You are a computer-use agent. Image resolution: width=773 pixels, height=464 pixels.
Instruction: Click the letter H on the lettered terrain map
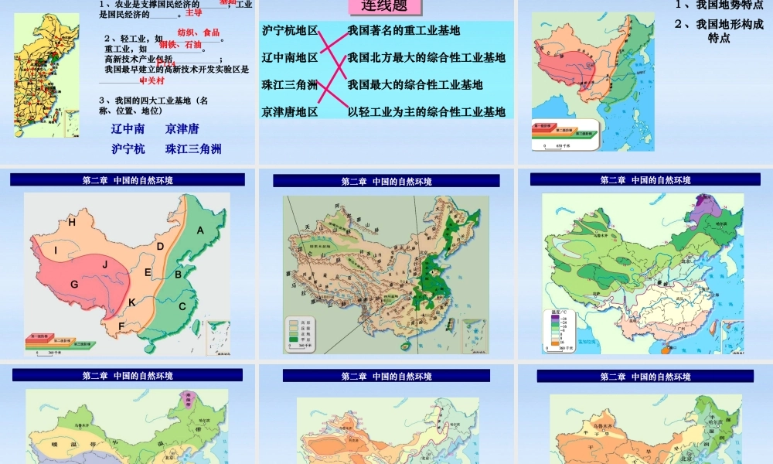(x=72, y=223)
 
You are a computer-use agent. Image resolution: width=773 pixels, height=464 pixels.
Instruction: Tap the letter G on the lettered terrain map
(x=74, y=284)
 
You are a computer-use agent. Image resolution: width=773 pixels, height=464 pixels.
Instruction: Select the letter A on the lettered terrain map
(x=200, y=230)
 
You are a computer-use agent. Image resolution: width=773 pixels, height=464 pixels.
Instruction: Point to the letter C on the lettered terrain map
(x=182, y=305)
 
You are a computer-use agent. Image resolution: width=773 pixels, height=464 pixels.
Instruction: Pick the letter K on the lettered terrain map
(x=132, y=301)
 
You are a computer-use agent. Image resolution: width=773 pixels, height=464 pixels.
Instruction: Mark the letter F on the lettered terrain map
(x=121, y=326)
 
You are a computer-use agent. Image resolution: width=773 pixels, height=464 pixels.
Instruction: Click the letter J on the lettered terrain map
(x=104, y=264)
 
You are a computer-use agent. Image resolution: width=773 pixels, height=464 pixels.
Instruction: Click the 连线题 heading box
(x=386, y=7)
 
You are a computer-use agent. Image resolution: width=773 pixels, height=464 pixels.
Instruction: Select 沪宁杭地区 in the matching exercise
(x=290, y=30)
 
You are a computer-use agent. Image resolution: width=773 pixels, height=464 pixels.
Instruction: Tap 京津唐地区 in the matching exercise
(x=290, y=112)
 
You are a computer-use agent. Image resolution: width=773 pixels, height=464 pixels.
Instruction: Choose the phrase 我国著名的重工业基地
(x=404, y=30)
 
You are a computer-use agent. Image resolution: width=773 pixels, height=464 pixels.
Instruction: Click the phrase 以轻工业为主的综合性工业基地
(x=426, y=112)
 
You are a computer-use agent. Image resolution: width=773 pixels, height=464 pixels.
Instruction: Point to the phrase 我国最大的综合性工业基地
(x=415, y=84)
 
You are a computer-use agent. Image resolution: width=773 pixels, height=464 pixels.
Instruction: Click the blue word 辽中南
(x=128, y=129)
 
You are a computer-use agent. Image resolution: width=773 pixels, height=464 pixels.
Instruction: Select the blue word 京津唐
(x=182, y=129)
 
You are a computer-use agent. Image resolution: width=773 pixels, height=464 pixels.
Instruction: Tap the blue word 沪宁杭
(x=128, y=149)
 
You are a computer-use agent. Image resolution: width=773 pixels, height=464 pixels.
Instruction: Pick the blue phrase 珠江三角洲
(x=193, y=149)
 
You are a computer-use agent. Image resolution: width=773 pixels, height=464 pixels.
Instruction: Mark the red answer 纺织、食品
(x=199, y=32)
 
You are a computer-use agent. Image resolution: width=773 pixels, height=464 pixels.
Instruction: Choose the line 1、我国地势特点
(x=719, y=5)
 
